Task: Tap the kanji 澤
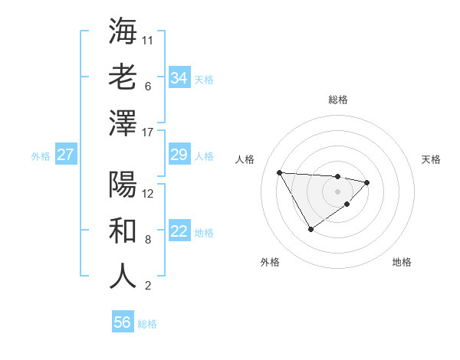[123, 123]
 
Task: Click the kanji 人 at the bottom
[123, 277]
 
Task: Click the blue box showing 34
[179, 78]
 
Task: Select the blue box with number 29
[179, 155]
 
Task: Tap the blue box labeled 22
[179, 231]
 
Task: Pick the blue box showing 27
[65, 155]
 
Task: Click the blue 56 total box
[122, 322]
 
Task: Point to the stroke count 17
[149, 133]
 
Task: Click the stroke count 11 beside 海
[148, 39]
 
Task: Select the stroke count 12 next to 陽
[149, 193]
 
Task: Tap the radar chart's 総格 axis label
[337, 100]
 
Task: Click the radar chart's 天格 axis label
[432, 159]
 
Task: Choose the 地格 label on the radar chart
[402, 263]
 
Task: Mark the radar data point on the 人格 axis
[280, 172]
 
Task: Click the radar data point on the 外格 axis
[310, 229]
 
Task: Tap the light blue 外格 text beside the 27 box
[41, 156]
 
